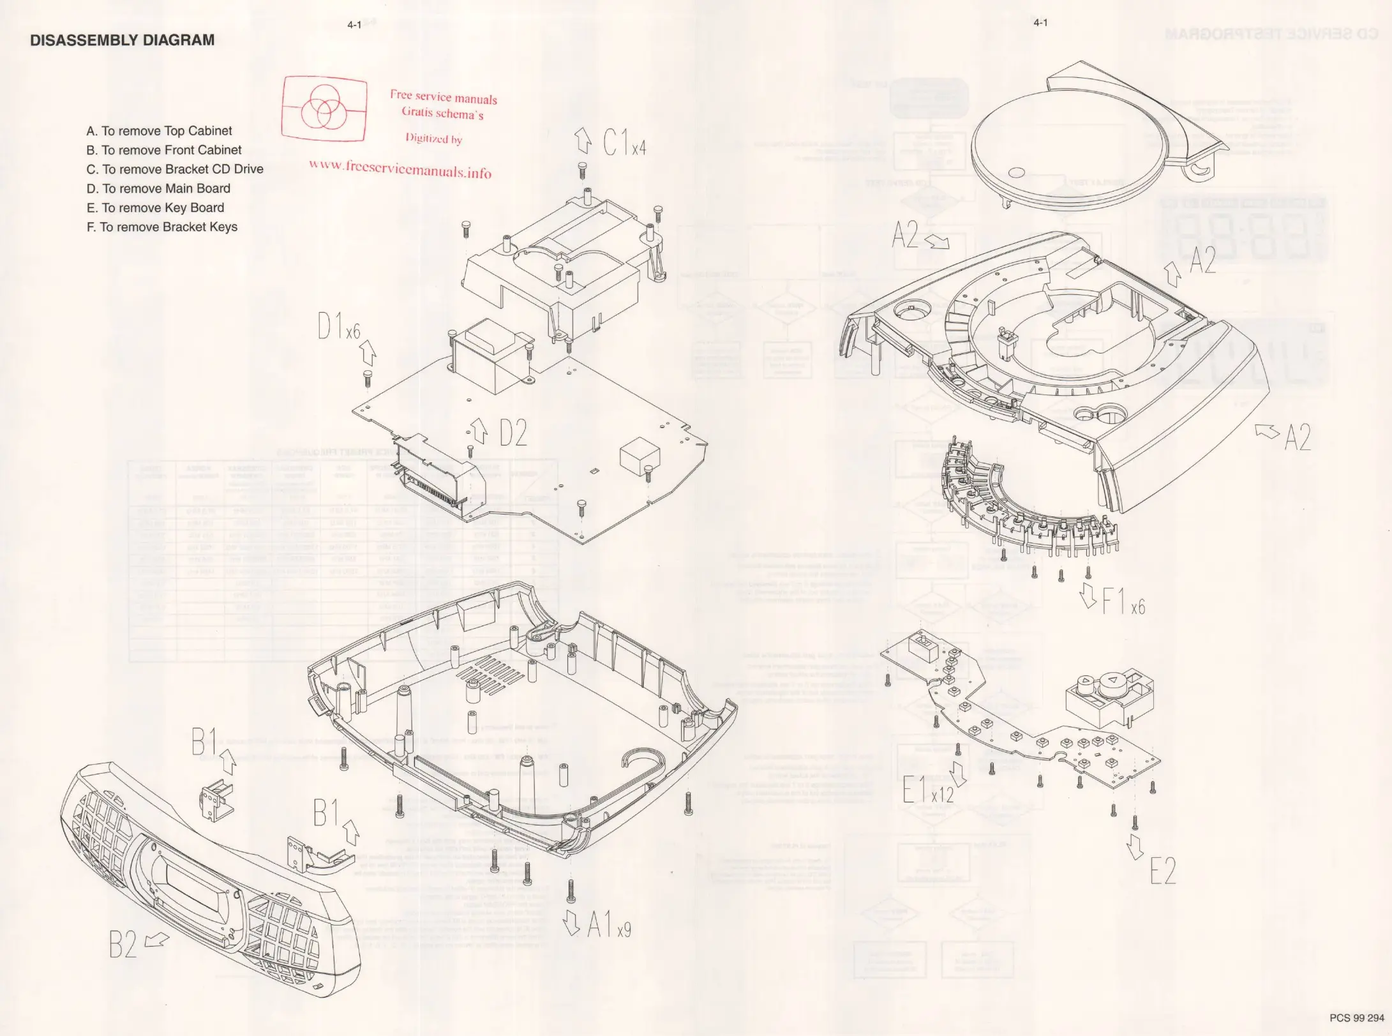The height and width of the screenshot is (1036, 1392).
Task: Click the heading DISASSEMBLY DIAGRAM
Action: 122,40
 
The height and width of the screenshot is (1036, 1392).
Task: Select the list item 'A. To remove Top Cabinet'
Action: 159,131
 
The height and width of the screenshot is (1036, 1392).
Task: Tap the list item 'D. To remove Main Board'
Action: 158,188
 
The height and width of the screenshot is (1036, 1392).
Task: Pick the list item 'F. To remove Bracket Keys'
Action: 161,227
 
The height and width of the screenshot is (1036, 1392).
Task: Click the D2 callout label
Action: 513,434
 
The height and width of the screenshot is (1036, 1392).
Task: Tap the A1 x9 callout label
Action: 609,925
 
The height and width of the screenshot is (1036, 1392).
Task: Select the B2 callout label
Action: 123,945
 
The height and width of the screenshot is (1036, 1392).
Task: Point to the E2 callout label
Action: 1162,871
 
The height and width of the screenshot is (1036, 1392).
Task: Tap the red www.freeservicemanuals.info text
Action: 400,168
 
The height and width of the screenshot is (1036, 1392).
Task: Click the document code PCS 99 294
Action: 1357,1017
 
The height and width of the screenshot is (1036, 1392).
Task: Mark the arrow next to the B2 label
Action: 158,939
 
